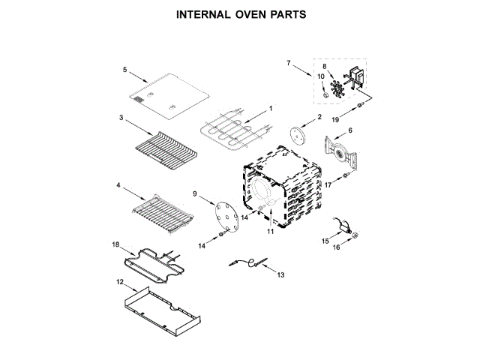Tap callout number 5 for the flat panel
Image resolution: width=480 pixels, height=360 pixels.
(125, 70)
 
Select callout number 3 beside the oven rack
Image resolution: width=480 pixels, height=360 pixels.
(120, 118)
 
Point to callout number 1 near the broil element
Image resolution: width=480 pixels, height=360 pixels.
(271, 108)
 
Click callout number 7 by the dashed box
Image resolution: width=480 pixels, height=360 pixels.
(288, 63)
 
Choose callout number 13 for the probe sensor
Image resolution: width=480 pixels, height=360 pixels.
(280, 275)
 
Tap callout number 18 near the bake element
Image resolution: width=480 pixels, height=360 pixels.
(115, 244)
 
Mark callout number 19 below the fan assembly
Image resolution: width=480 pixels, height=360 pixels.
(334, 119)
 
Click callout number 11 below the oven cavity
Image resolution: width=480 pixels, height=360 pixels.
(271, 232)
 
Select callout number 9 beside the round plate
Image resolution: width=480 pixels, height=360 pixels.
(195, 194)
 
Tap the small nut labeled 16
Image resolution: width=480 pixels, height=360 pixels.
(355, 235)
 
